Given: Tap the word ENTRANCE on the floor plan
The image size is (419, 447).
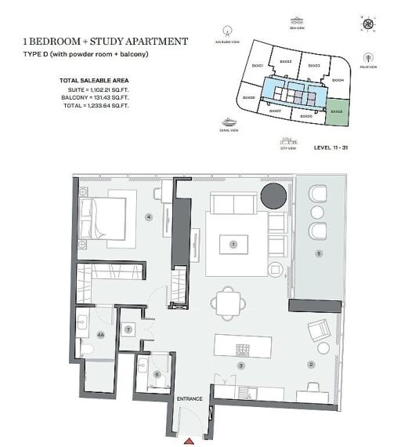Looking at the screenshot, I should click(x=190, y=399).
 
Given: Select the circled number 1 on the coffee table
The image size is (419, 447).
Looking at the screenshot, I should click(x=233, y=245).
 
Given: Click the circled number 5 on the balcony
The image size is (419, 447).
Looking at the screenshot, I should click(x=318, y=253).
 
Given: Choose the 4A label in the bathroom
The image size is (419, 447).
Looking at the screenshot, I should click(x=100, y=334).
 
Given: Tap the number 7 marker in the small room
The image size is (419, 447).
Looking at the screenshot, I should click(x=128, y=329).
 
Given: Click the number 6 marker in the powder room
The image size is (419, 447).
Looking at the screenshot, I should click(x=157, y=375).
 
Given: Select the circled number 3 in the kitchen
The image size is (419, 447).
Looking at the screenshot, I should click(x=241, y=365).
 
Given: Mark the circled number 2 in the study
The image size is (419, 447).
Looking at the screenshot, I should click(x=311, y=364).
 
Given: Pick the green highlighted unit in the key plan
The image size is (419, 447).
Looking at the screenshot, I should click(x=338, y=112).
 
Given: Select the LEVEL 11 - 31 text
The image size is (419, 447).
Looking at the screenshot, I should click(x=334, y=147).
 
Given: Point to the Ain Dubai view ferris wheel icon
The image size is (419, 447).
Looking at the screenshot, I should click(x=227, y=34).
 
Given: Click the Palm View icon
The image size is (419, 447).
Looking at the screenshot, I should click(x=368, y=58).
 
